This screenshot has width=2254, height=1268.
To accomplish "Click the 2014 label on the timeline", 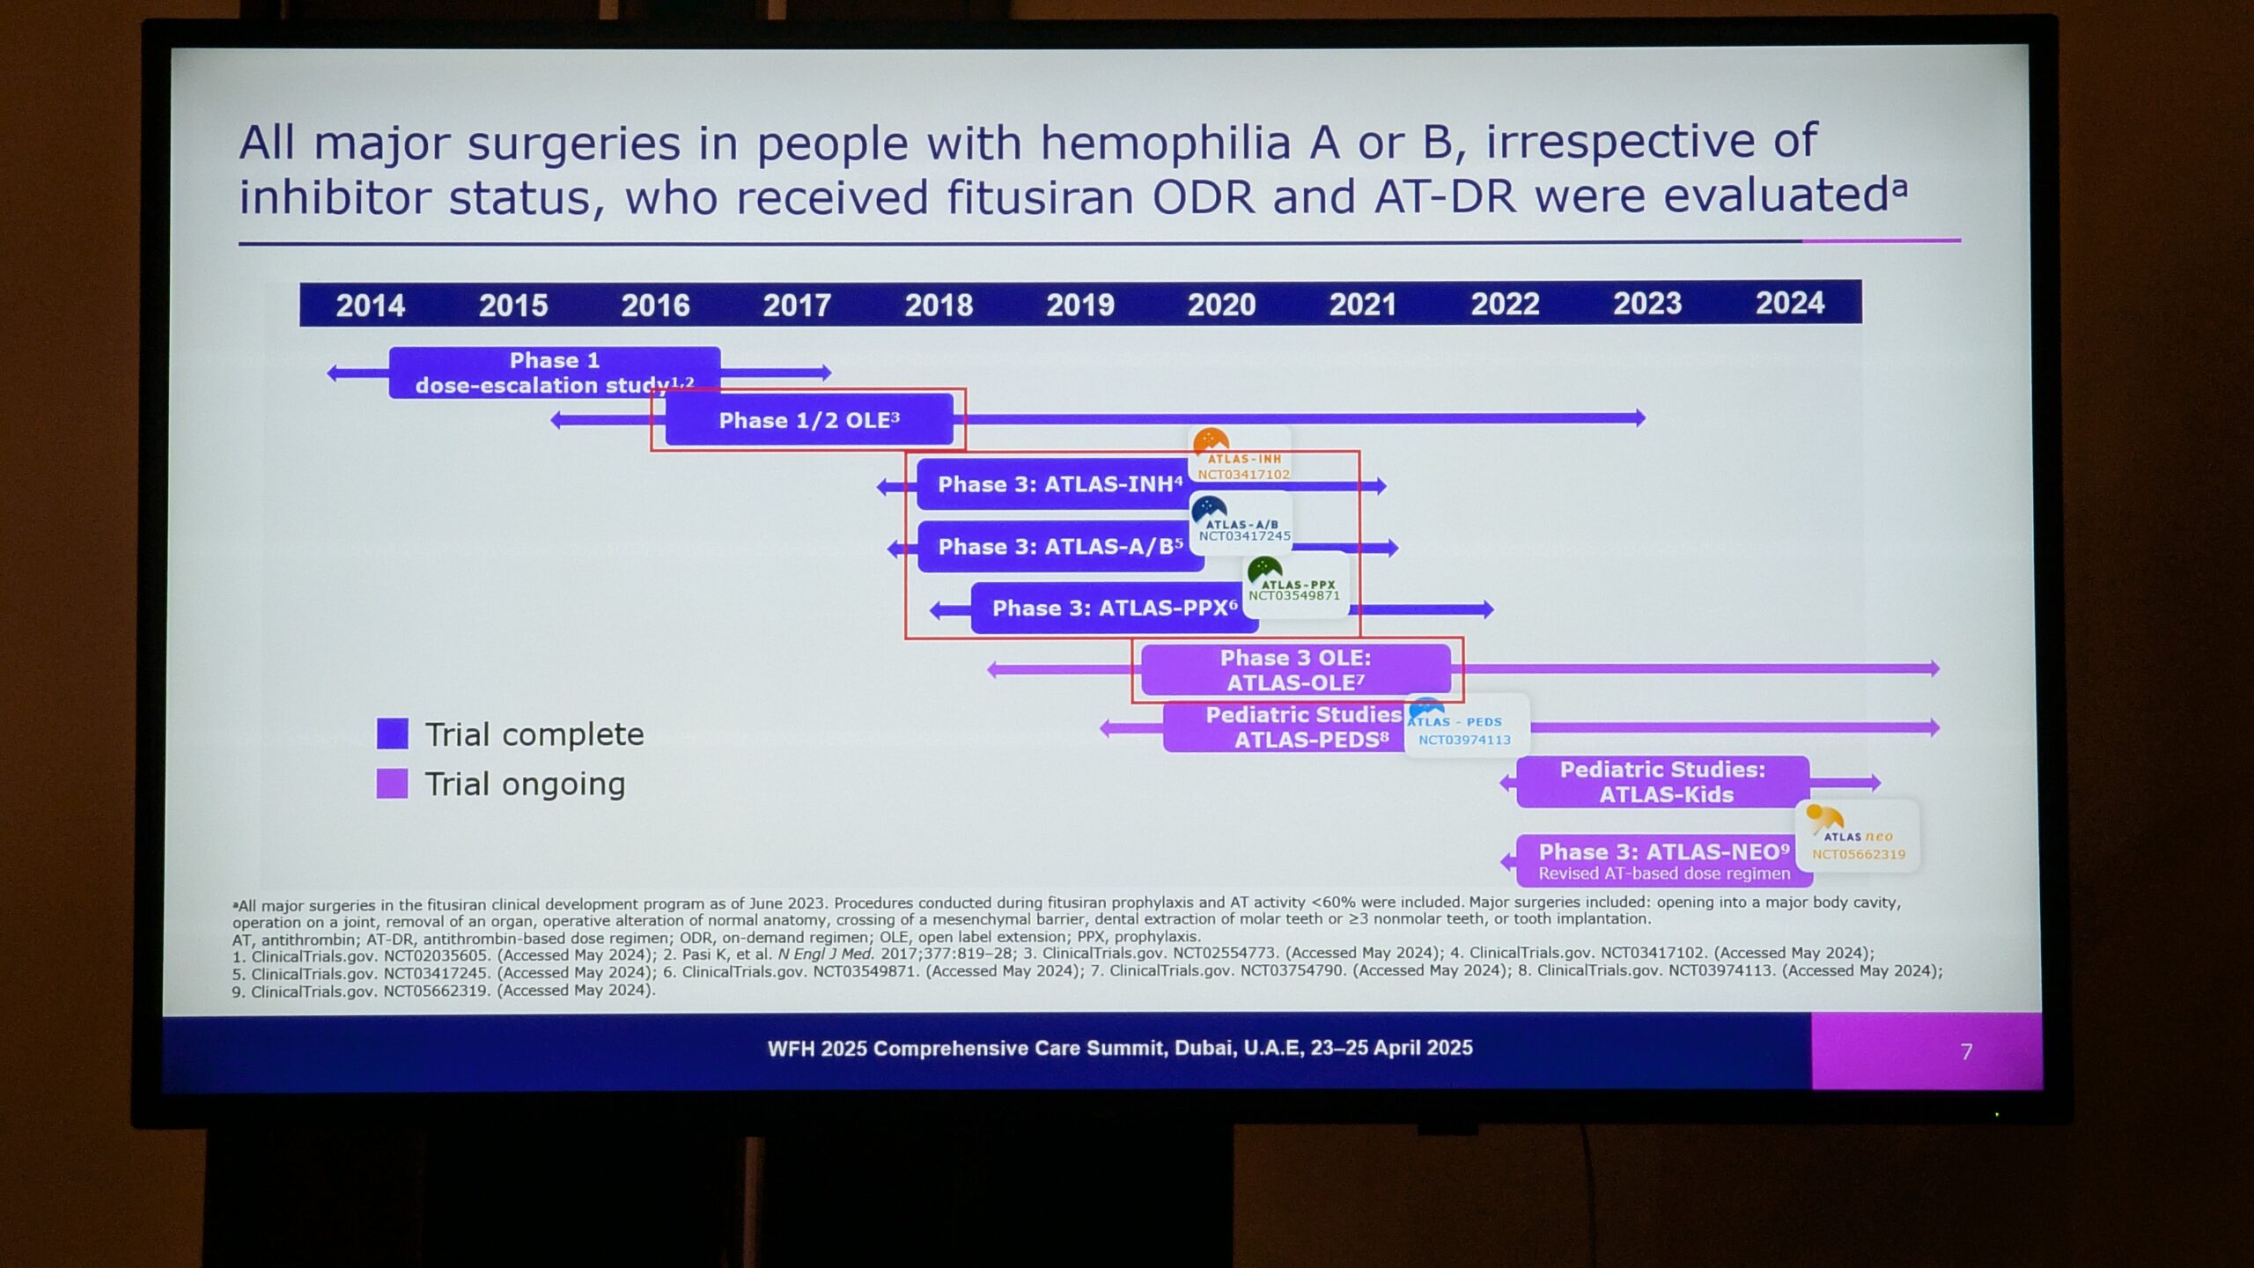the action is click(370, 306).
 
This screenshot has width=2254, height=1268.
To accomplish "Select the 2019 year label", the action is click(1079, 305).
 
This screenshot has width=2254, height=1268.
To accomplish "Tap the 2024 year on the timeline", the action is click(1789, 303).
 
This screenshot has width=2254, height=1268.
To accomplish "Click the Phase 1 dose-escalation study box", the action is click(555, 372).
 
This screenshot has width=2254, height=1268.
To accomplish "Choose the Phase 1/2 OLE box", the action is click(809, 420).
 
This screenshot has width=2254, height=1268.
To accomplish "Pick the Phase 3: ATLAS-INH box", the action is click(1057, 484).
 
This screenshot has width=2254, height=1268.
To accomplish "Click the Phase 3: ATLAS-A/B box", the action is click(1060, 547).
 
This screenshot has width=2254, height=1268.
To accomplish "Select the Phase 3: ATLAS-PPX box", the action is click(1115, 608).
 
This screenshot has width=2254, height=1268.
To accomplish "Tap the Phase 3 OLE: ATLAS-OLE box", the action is click(1296, 669).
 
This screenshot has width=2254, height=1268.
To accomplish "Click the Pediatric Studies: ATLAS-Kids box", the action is click(1662, 782).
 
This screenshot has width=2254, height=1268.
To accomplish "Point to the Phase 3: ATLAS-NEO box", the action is click(1664, 860).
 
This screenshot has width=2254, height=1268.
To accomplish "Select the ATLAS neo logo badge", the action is click(1857, 836).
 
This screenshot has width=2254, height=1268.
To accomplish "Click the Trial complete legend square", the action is click(393, 734).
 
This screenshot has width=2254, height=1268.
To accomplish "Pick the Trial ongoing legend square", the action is click(392, 784).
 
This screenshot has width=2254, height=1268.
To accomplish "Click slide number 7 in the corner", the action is click(1966, 1051).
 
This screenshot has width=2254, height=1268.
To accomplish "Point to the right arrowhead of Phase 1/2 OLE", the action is click(1639, 418).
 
